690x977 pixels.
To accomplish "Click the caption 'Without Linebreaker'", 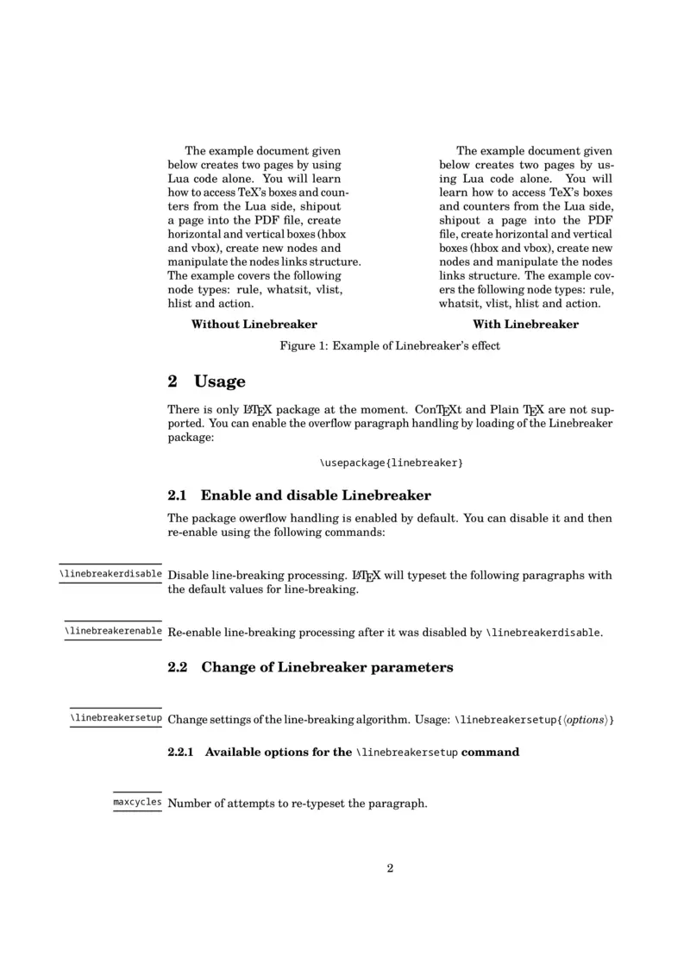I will [x=254, y=325].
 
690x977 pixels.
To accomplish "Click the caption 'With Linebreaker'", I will [x=525, y=325].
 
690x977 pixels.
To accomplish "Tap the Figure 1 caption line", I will [x=390, y=346].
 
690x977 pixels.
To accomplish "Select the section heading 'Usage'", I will [x=220, y=381].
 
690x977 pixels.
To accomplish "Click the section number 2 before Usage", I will [x=172, y=381].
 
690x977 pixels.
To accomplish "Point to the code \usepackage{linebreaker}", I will [x=391, y=463].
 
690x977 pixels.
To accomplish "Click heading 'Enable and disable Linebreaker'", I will [x=316, y=495].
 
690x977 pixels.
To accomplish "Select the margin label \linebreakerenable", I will [x=113, y=631].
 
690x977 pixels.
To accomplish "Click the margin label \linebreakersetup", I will [x=116, y=717].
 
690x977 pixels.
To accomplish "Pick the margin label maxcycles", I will [x=137, y=803].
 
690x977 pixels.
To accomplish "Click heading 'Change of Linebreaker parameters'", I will [x=327, y=667].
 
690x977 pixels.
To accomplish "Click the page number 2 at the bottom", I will [x=390, y=868].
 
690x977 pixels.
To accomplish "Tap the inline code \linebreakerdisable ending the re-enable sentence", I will [x=543, y=633].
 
